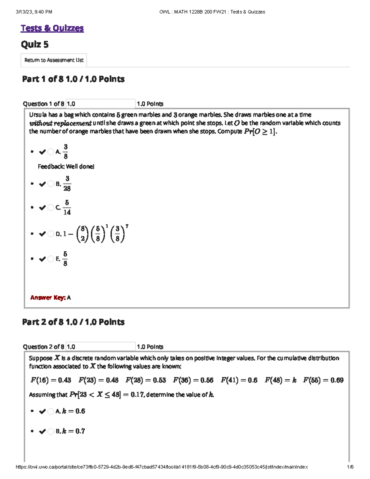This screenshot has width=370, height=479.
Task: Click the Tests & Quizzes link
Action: [52, 28]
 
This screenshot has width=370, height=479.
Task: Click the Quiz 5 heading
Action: [35, 45]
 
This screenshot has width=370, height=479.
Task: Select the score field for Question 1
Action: [101, 104]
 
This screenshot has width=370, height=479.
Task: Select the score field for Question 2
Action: [101, 347]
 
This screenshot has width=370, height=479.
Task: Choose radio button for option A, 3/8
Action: [51, 152]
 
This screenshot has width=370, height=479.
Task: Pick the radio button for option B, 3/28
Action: [51, 184]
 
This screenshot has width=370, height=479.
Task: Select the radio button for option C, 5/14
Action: [51, 208]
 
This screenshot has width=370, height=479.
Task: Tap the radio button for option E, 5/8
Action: [51, 259]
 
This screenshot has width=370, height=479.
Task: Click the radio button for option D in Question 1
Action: [51, 234]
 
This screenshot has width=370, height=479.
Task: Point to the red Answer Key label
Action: [48, 298]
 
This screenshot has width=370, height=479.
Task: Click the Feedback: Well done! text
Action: [66, 167]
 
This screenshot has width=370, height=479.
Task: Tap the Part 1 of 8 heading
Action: [73, 79]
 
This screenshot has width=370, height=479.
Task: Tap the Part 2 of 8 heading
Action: [73, 322]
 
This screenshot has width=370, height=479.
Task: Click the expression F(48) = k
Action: [280, 380]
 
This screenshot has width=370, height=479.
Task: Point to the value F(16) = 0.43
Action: [51, 380]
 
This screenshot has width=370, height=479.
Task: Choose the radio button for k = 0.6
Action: [51, 411]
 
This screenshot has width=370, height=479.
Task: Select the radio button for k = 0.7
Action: [51, 432]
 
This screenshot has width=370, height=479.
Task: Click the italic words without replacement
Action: [60, 123]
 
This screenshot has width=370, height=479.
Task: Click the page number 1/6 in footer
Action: [350, 467]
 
